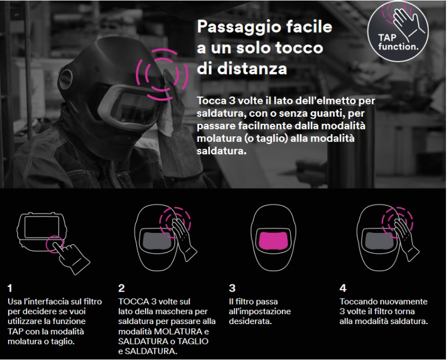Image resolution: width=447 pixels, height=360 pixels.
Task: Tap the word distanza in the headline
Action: pyautogui.click(x=252, y=69)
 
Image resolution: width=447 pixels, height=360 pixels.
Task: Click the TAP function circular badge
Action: pyautogui.click(x=398, y=31)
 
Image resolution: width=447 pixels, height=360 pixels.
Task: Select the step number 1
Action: pyautogui.click(x=10, y=288)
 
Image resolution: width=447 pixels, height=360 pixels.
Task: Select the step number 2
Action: pyautogui.click(x=121, y=288)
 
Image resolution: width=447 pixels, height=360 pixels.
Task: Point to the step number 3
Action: pyautogui.click(x=232, y=288)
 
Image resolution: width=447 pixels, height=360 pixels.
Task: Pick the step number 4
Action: pyautogui.click(x=343, y=288)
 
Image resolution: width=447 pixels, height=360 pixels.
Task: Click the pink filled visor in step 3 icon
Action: pyautogui.click(x=274, y=240)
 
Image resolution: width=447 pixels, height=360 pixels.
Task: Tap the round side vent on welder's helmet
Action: pyautogui.click(x=66, y=78)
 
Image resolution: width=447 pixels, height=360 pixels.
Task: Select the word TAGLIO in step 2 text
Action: pyautogui.click(x=193, y=341)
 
